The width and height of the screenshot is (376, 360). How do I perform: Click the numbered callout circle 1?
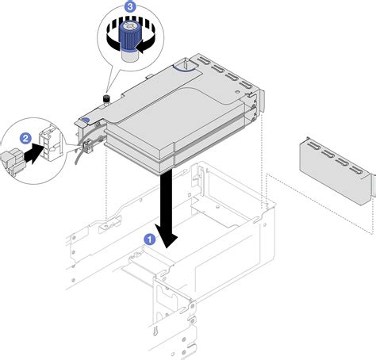pyautogui.click(x=150, y=239)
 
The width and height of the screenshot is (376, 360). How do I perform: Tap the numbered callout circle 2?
pyautogui.click(x=25, y=139)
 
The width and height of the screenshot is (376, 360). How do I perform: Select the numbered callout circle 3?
pyautogui.click(x=130, y=6)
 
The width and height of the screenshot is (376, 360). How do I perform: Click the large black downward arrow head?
pyautogui.click(x=166, y=237)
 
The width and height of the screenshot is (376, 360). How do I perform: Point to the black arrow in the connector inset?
pyautogui.click(x=33, y=154)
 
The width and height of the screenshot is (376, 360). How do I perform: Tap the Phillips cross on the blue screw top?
pyautogui.click(x=129, y=26)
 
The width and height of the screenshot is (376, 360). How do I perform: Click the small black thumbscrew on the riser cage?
pyautogui.click(x=106, y=100)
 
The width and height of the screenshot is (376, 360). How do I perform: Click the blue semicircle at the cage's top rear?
pyautogui.click(x=185, y=68)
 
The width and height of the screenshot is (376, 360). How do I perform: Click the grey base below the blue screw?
pyautogui.click(x=129, y=56)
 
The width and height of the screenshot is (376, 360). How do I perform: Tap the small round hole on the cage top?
pyautogui.click(x=238, y=92)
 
